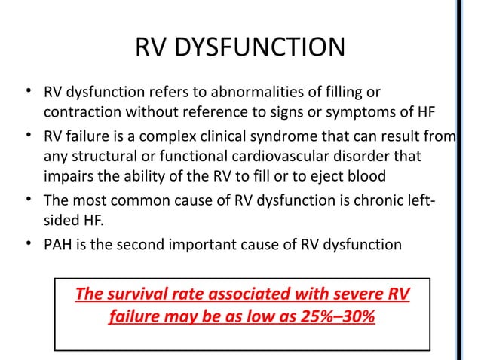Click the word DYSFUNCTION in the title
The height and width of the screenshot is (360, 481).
tap(261, 49)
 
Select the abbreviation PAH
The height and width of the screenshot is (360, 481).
tap(58, 245)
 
